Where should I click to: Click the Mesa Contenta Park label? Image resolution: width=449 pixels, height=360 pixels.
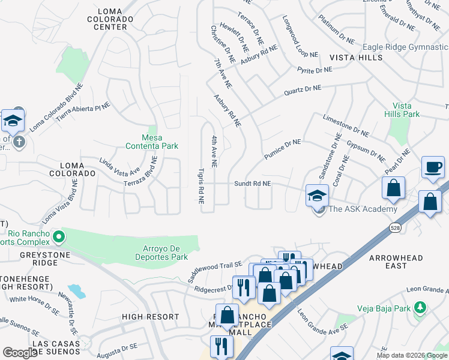151,141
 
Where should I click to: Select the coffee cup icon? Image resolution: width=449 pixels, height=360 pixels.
432,167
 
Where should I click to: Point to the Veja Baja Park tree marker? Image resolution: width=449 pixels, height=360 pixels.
421,308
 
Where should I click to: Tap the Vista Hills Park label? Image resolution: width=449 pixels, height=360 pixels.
402,109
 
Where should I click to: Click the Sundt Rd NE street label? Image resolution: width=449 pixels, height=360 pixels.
253,184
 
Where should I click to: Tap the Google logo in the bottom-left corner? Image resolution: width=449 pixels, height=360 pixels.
20,352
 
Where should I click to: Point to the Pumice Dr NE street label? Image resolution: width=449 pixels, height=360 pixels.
282,149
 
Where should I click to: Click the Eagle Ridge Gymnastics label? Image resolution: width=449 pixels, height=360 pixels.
405,47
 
